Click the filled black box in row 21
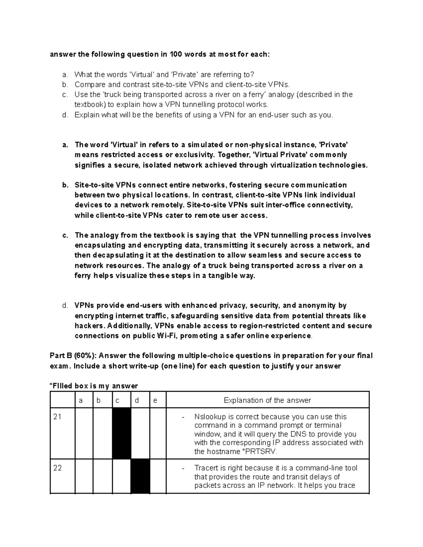coord(121,433)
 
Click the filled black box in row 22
coord(140,476)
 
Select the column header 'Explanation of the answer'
coord(267,400)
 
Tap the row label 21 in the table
coord(57,417)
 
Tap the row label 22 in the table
coord(57,468)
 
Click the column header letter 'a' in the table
coord(81,400)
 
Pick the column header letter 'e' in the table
coord(155,400)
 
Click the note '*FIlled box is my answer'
coord(94,386)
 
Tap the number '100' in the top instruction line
coord(176,54)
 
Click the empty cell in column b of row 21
coord(103,433)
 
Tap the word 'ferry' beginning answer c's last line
coord(83,276)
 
